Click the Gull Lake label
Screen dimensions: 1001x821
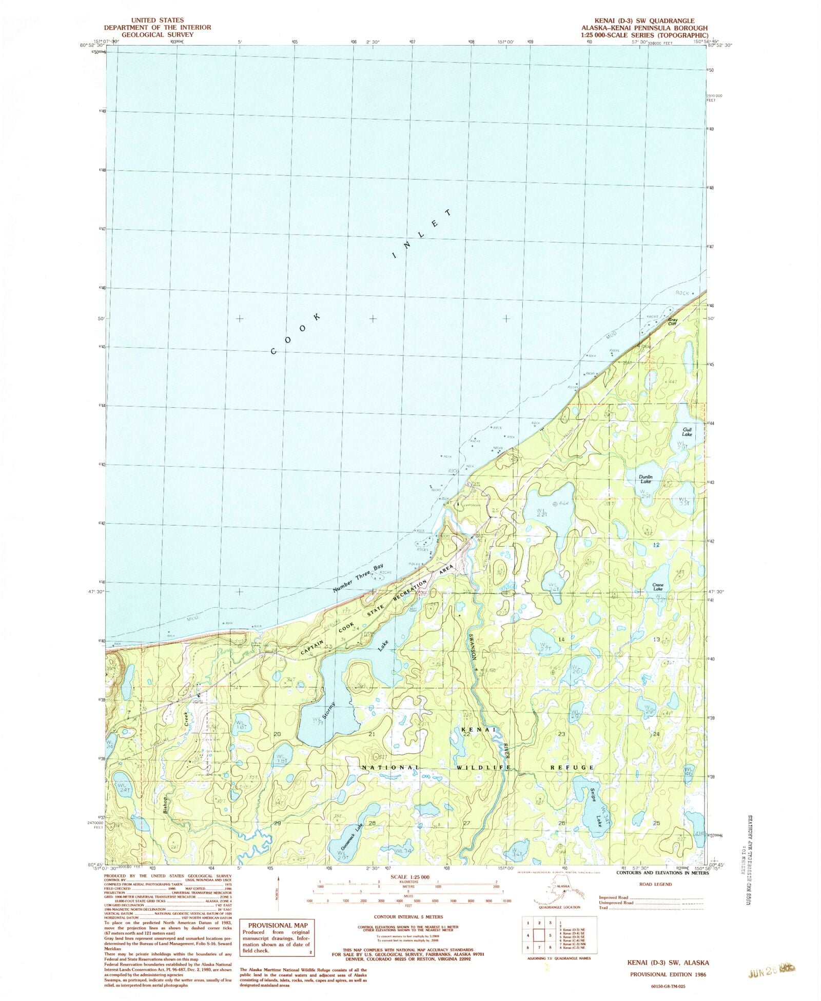pos(687,432)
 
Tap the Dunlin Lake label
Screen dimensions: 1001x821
pos(646,479)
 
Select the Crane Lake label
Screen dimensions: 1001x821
pos(658,587)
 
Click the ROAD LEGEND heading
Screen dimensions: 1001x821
pos(655,884)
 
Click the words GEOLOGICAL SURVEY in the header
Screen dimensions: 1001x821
pos(157,34)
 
